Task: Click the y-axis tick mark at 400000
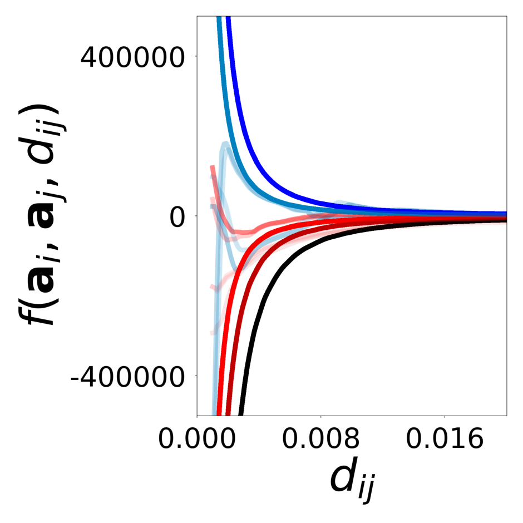click(x=194, y=56)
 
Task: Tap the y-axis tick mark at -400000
click(x=194, y=376)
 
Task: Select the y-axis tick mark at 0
click(x=194, y=216)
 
